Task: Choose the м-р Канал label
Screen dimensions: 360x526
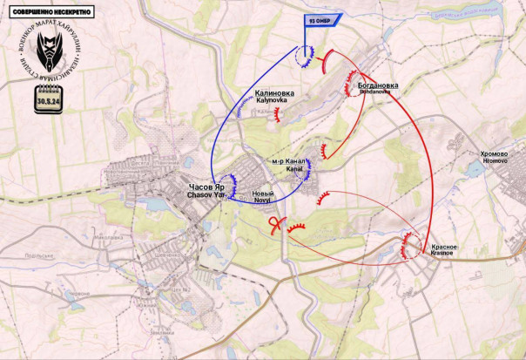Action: (x=287, y=162)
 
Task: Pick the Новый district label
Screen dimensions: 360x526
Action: (x=262, y=193)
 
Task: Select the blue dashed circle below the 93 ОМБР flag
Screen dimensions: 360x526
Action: (x=305, y=58)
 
